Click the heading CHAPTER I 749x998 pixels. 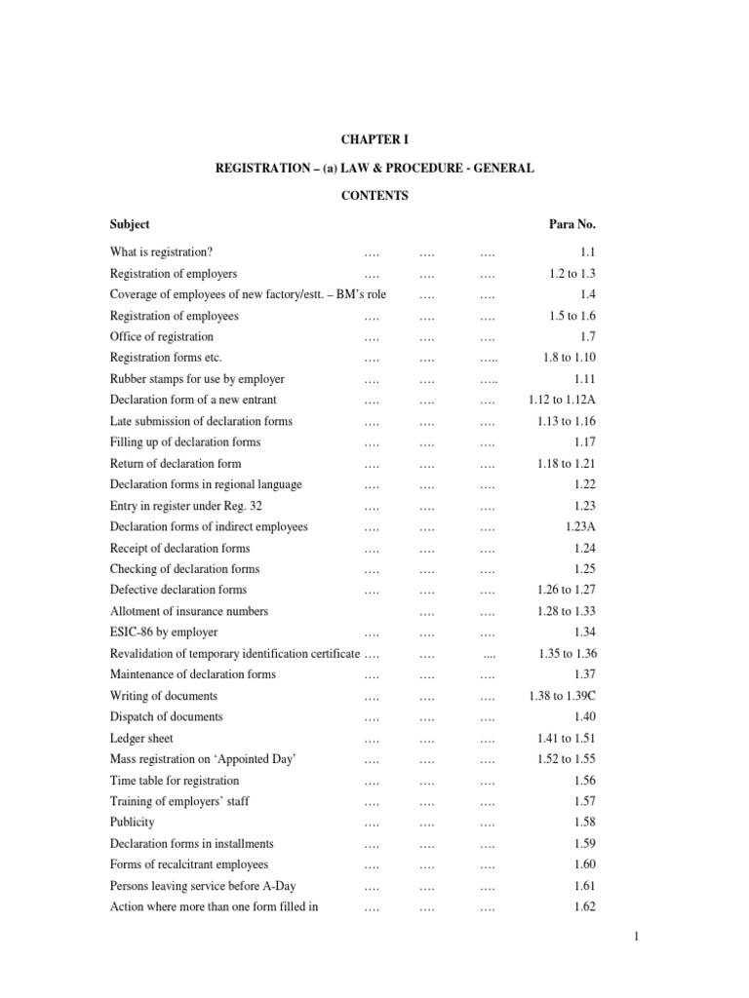click(374, 140)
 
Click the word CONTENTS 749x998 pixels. click(374, 196)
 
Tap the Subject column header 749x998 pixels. click(130, 224)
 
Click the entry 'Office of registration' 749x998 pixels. click(162, 337)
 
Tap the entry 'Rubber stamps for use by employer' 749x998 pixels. click(197, 379)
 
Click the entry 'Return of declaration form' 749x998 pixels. click(176, 464)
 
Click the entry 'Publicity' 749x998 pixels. click(132, 823)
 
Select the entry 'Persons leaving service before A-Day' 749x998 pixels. click(203, 886)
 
